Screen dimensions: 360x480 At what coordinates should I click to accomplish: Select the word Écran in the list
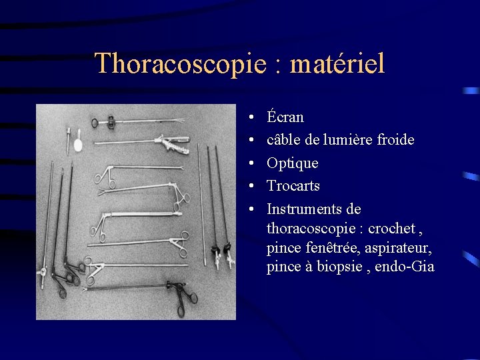pyautogui.click(x=285, y=117)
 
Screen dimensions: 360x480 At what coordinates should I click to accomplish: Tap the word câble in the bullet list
pyautogui.click(x=283, y=140)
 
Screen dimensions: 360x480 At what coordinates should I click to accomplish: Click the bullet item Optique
pyautogui.click(x=292, y=163)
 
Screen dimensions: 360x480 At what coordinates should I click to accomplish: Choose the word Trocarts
pyautogui.click(x=293, y=186)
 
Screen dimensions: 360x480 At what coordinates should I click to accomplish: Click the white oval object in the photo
pyautogui.click(x=78, y=144)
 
